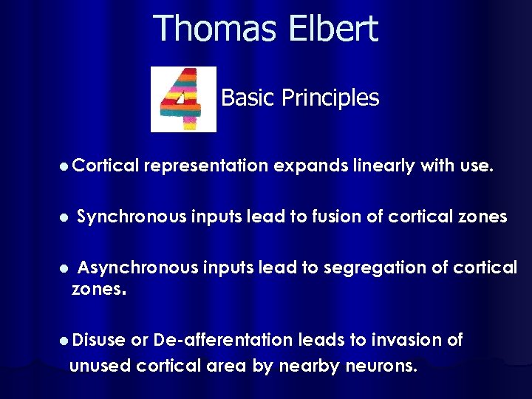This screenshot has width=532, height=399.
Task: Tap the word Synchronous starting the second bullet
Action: coord(132,216)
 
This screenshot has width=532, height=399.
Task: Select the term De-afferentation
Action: coord(222,340)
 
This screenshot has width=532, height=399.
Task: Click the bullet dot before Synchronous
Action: coord(64,218)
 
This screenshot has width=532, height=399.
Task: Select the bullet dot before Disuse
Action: coord(64,341)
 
